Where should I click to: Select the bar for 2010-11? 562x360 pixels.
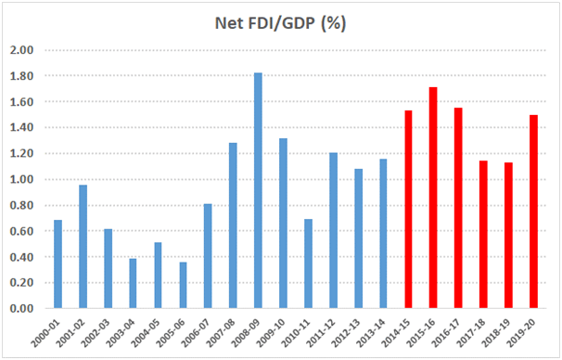[x=308, y=264]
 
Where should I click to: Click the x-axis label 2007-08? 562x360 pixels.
[x=233, y=332]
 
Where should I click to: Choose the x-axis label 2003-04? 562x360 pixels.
[x=133, y=332]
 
